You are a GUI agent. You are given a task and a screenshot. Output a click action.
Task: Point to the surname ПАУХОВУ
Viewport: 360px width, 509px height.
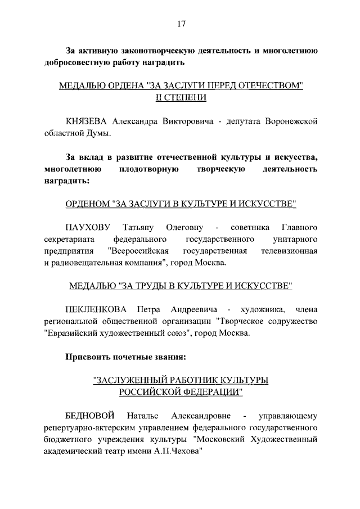tap(88, 227)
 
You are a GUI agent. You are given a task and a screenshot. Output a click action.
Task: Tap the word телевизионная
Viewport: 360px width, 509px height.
tap(289, 250)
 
